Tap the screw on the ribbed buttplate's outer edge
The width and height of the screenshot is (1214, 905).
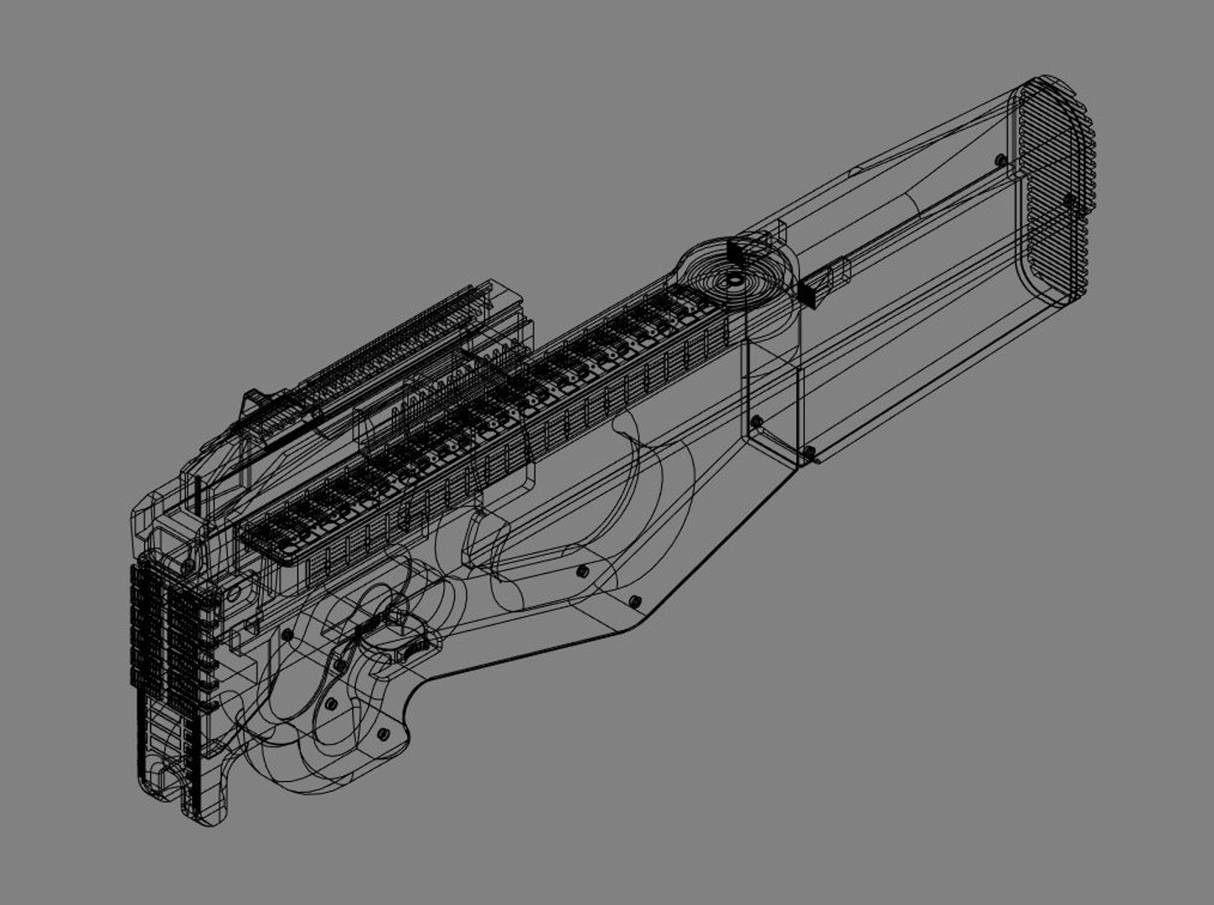1068,199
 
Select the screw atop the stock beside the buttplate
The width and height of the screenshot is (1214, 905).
999,159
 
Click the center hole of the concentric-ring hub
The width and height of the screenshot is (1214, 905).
732,282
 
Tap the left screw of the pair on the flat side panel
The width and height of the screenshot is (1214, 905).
581,571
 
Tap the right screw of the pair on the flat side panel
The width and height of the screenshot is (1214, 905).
634,600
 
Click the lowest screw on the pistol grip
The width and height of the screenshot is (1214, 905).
384,734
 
